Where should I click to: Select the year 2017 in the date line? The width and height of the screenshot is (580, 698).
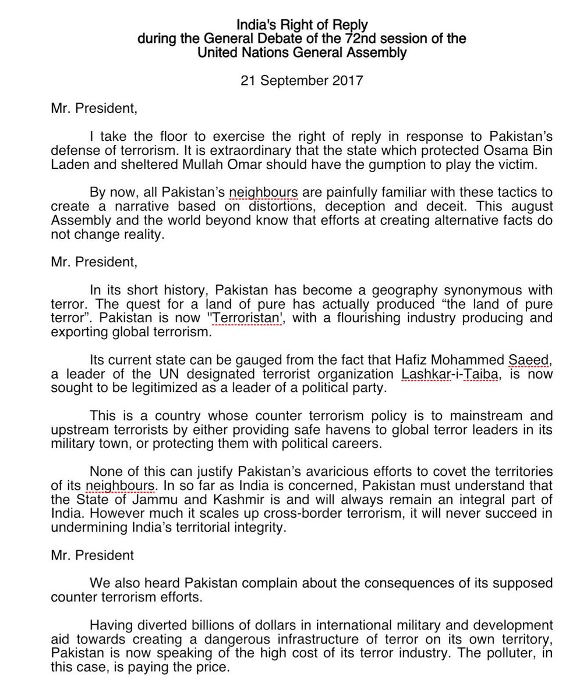pos(348,80)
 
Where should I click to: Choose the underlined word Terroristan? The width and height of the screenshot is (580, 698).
pos(247,318)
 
